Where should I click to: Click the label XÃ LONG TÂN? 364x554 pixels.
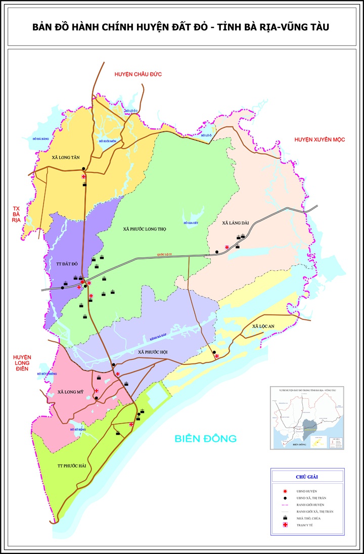(66, 158)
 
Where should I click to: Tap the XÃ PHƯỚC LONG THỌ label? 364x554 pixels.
(145, 229)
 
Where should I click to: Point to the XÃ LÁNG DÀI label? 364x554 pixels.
(236, 222)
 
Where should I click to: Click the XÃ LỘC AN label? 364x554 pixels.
(263, 327)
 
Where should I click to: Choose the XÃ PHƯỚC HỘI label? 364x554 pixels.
(153, 352)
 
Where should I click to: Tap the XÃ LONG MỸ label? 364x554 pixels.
(70, 392)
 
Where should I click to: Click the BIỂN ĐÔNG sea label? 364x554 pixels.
(206, 438)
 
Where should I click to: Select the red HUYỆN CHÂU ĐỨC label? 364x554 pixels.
(138, 74)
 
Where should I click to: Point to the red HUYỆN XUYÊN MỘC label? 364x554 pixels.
(320, 140)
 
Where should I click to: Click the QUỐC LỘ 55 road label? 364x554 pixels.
(164, 254)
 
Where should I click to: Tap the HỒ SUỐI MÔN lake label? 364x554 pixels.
(107, 141)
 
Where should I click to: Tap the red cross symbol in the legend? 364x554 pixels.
(286, 526)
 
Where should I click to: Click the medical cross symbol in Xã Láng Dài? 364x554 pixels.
(227, 247)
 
